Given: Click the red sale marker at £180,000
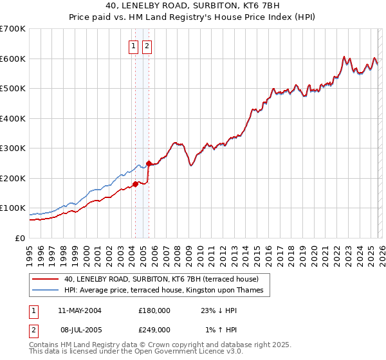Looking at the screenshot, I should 135,184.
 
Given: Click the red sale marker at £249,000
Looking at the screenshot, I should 149,163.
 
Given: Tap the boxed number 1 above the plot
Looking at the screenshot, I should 133,46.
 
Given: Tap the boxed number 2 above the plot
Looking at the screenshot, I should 147,46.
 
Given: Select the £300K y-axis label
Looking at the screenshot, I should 13,148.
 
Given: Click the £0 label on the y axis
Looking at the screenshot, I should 21,238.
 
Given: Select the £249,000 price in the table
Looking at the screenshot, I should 154,329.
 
